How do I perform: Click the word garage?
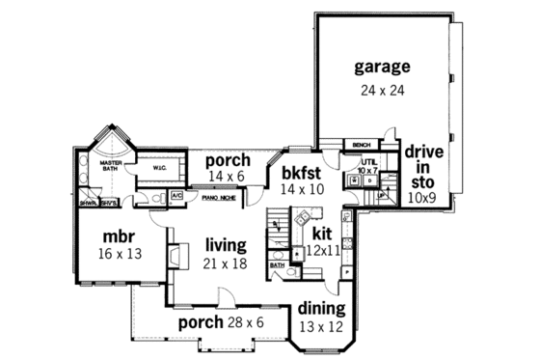coord(382,67)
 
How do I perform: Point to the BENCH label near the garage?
coord(362,145)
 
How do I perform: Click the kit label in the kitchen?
coord(322,235)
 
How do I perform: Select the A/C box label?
coord(176,196)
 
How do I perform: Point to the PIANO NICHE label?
coord(220,197)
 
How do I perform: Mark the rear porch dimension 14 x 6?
coord(228,177)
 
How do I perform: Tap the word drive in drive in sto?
coord(422,152)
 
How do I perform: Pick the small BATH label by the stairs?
coord(277,265)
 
